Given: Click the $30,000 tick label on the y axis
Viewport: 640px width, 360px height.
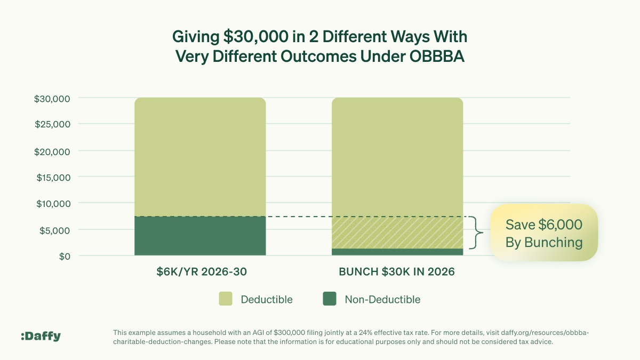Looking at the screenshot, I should pyautogui.click(x=52, y=99).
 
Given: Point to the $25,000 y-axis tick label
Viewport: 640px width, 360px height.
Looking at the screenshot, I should pyautogui.click(x=52, y=125).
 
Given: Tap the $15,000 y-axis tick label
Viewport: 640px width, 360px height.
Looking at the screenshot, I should pyautogui.click(x=52, y=178).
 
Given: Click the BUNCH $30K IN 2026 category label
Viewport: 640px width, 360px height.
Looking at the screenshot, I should pyautogui.click(x=397, y=272).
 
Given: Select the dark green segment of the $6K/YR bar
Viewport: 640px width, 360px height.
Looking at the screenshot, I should pyautogui.click(x=200, y=236).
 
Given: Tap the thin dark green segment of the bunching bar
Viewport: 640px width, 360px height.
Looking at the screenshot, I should pyautogui.click(x=397, y=252).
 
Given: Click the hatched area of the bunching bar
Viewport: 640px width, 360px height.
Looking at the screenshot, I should pyautogui.click(x=397, y=233).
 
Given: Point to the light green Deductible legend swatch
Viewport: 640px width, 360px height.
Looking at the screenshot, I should pyautogui.click(x=226, y=299).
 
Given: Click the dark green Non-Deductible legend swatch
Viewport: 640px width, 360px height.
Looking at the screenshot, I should pyautogui.click(x=330, y=299).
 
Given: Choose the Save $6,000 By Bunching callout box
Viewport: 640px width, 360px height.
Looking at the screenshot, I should pyautogui.click(x=544, y=233).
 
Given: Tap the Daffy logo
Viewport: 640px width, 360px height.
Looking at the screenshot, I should pyautogui.click(x=41, y=336).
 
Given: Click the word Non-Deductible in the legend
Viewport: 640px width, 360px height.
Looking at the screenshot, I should pyautogui.click(x=382, y=299).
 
